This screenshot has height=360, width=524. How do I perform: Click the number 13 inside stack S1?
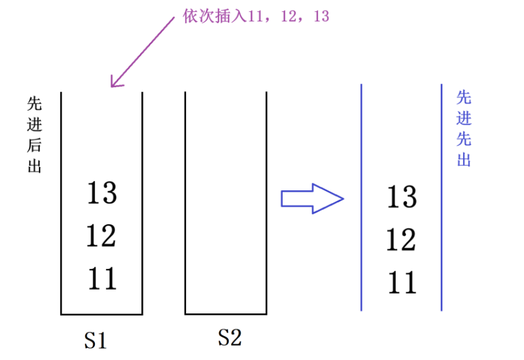(x=102, y=192)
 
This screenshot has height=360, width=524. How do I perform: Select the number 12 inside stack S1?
(x=102, y=236)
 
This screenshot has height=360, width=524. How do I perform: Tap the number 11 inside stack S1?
(x=102, y=278)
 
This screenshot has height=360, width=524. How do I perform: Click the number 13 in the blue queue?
(x=401, y=197)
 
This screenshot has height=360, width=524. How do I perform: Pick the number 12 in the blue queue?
(x=401, y=240)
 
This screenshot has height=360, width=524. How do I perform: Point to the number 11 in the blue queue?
(x=401, y=283)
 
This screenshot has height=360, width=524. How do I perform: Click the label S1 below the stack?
(x=96, y=340)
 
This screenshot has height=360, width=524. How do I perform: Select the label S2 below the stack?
(x=229, y=338)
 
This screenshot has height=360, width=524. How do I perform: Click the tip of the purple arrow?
(x=112, y=85)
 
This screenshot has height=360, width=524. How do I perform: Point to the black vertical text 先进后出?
(x=35, y=134)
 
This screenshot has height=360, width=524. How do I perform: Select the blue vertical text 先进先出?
(x=464, y=129)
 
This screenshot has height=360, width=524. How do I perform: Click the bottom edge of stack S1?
(x=102, y=314)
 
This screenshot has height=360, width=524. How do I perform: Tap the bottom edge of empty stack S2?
(x=226, y=314)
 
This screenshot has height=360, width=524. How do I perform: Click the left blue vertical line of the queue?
(x=361, y=197)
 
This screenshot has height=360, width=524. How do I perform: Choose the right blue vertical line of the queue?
(x=442, y=197)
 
